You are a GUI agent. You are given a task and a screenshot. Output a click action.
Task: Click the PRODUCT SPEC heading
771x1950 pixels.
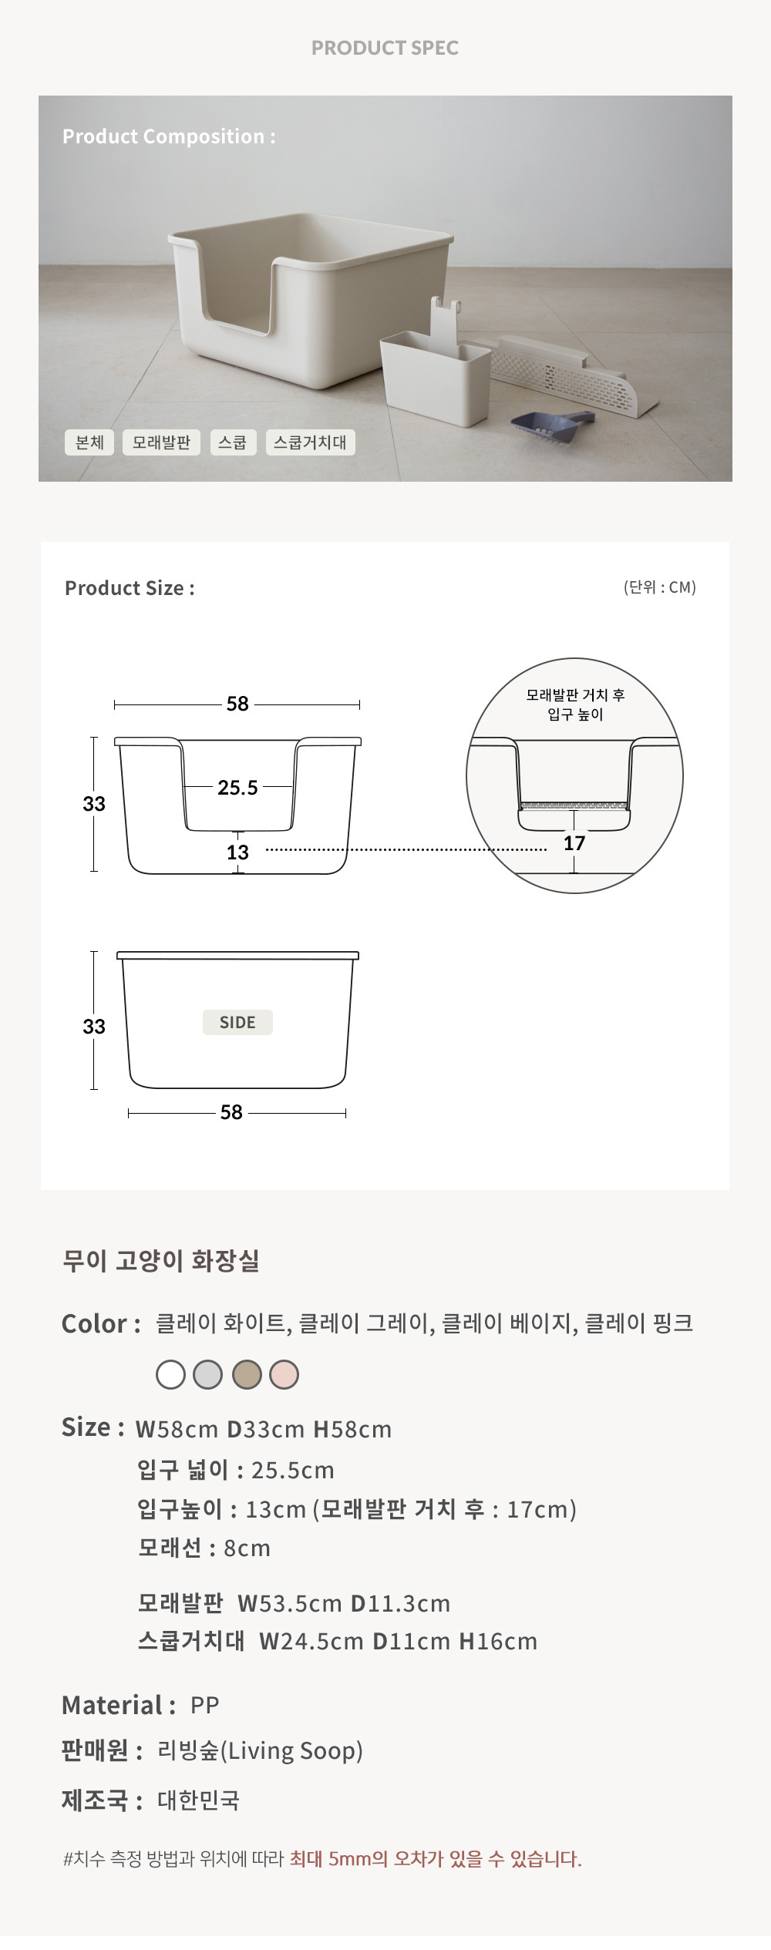coord(385,48)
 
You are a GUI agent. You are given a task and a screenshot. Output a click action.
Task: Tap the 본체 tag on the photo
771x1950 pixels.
coord(89,442)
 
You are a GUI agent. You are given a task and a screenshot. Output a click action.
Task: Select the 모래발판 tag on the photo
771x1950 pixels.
coord(161,442)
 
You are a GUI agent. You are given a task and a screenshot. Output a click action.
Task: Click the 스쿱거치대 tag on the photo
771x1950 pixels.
coord(310,442)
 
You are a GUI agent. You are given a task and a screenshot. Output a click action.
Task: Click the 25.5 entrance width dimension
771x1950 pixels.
coord(237,788)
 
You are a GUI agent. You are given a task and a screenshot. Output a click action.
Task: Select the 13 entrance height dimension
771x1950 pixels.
coord(237,852)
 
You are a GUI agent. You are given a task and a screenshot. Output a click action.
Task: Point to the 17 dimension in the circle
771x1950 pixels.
coord(574,843)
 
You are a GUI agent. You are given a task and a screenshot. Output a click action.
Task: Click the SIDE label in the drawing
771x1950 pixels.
coord(237,1023)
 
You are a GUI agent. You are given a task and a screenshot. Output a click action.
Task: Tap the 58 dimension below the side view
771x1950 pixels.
coord(231,1112)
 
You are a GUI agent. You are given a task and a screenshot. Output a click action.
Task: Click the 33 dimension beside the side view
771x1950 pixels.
coord(94,1027)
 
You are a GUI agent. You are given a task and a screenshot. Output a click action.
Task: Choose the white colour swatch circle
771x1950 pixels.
coord(170,1374)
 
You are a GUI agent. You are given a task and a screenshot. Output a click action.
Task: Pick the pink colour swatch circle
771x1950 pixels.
coord(284,1374)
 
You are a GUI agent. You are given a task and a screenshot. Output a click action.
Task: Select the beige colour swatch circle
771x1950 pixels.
coord(247,1374)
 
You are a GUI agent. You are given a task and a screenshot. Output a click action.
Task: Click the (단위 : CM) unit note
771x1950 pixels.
coord(660,587)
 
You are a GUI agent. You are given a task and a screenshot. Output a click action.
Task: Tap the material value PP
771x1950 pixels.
coord(205,1705)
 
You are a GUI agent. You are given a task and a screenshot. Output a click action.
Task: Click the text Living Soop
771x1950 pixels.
coord(292,1751)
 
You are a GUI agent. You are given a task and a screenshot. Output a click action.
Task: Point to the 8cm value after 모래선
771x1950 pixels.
coord(247,1548)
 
